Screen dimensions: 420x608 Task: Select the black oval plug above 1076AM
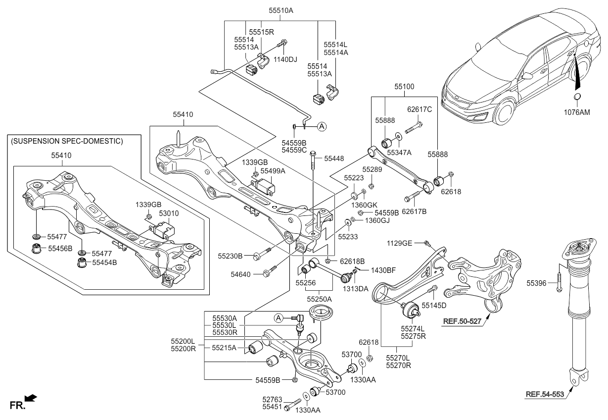click(x=577, y=97)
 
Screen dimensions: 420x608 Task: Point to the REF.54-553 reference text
click(x=546, y=394)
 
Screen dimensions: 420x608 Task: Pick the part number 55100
click(x=405, y=86)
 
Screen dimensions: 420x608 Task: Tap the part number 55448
click(x=334, y=158)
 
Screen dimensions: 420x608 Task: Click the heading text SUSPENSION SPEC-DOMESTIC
click(x=66, y=141)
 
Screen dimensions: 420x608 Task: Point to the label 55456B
click(x=59, y=248)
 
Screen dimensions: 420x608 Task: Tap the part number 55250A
click(x=319, y=299)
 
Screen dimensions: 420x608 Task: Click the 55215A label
click(x=225, y=348)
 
